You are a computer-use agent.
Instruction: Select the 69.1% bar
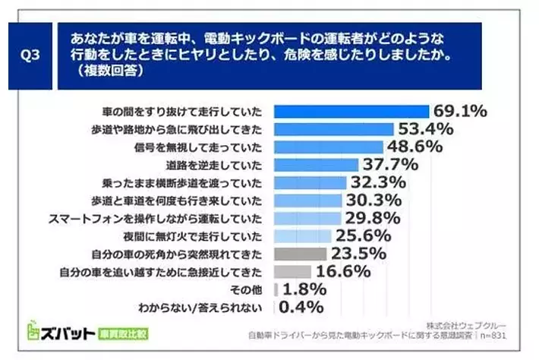click(350, 112)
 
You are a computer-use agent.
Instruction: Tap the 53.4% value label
click(424, 129)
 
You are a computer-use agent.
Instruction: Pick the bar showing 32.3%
click(310, 182)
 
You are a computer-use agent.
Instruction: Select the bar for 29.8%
click(305, 218)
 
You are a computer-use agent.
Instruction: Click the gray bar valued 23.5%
click(300, 254)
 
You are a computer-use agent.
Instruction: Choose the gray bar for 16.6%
click(292, 271)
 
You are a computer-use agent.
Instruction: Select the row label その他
click(249, 289)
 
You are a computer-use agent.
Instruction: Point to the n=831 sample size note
click(494, 334)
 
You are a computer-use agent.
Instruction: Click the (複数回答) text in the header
click(107, 72)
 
